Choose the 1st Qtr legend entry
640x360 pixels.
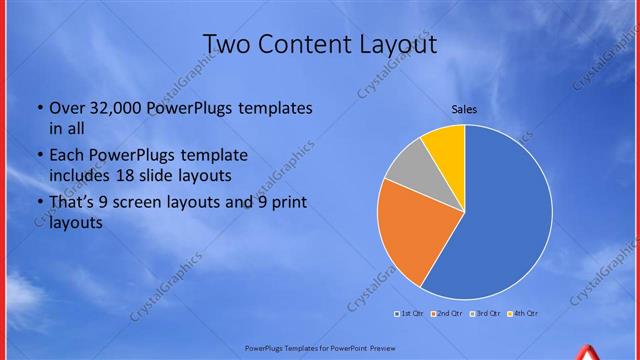(410, 314)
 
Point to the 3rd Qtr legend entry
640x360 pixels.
(486, 314)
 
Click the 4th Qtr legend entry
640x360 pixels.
(524, 314)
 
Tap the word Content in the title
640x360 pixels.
(311, 45)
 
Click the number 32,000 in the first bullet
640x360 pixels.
(121, 108)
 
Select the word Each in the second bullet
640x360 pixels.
(66, 156)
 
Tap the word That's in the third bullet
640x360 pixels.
(73, 203)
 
